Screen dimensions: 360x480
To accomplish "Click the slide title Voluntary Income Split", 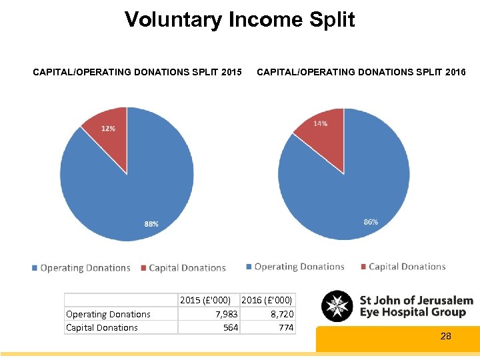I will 240,19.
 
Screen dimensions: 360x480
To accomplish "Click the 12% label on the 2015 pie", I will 108,128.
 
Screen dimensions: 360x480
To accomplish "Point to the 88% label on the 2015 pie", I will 151,224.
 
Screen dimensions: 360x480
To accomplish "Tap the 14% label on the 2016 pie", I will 320,123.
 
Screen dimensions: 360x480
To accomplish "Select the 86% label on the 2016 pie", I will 371,221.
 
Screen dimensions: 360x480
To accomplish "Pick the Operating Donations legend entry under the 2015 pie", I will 81,268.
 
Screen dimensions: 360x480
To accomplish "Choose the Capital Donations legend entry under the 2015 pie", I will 183,268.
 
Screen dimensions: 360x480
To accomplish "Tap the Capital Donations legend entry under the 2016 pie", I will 403,267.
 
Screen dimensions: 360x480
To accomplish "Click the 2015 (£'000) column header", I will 209,301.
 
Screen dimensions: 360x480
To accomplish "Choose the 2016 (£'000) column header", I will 267,301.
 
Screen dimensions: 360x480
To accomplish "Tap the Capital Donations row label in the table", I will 102,327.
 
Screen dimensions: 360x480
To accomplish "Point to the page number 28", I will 446,337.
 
